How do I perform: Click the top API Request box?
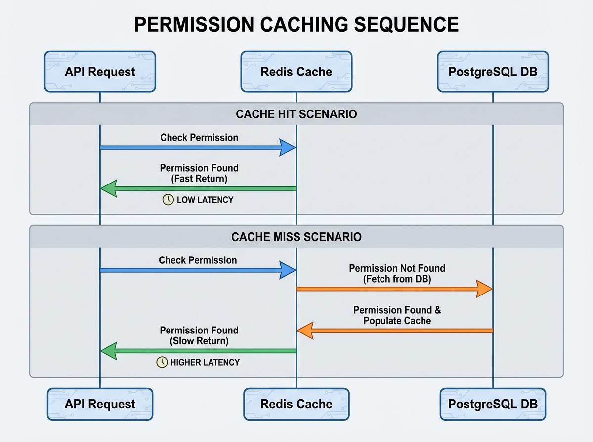(100, 72)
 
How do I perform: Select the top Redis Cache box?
(296, 72)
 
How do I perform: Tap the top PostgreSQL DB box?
(493, 72)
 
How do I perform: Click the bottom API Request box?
(100, 404)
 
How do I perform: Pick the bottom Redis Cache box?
(296, 404)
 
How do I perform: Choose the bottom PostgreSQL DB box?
(493, 404)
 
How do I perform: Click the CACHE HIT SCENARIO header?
(296, 114)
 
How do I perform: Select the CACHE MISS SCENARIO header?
(296, 237)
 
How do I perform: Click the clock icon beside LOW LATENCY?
(168, 200)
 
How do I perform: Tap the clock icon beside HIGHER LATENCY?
(162, 362)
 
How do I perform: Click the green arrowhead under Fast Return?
(109, 188)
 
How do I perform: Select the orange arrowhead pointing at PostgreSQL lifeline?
(484, 289)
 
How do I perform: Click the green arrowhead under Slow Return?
(109, 351)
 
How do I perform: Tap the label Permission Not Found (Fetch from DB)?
(397, 273)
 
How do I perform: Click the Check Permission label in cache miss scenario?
(198, 260)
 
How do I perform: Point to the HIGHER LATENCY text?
(205, 362)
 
